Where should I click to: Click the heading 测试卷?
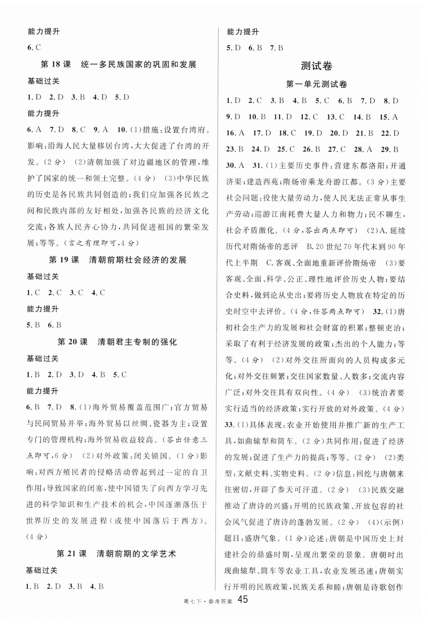(316, 66)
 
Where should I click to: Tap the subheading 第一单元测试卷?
(316, 85)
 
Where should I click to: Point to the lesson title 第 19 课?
(64, 260)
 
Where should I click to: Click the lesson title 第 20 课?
(73, 342)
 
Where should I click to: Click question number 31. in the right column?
(257, 166)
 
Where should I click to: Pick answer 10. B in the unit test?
(257, 117)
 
